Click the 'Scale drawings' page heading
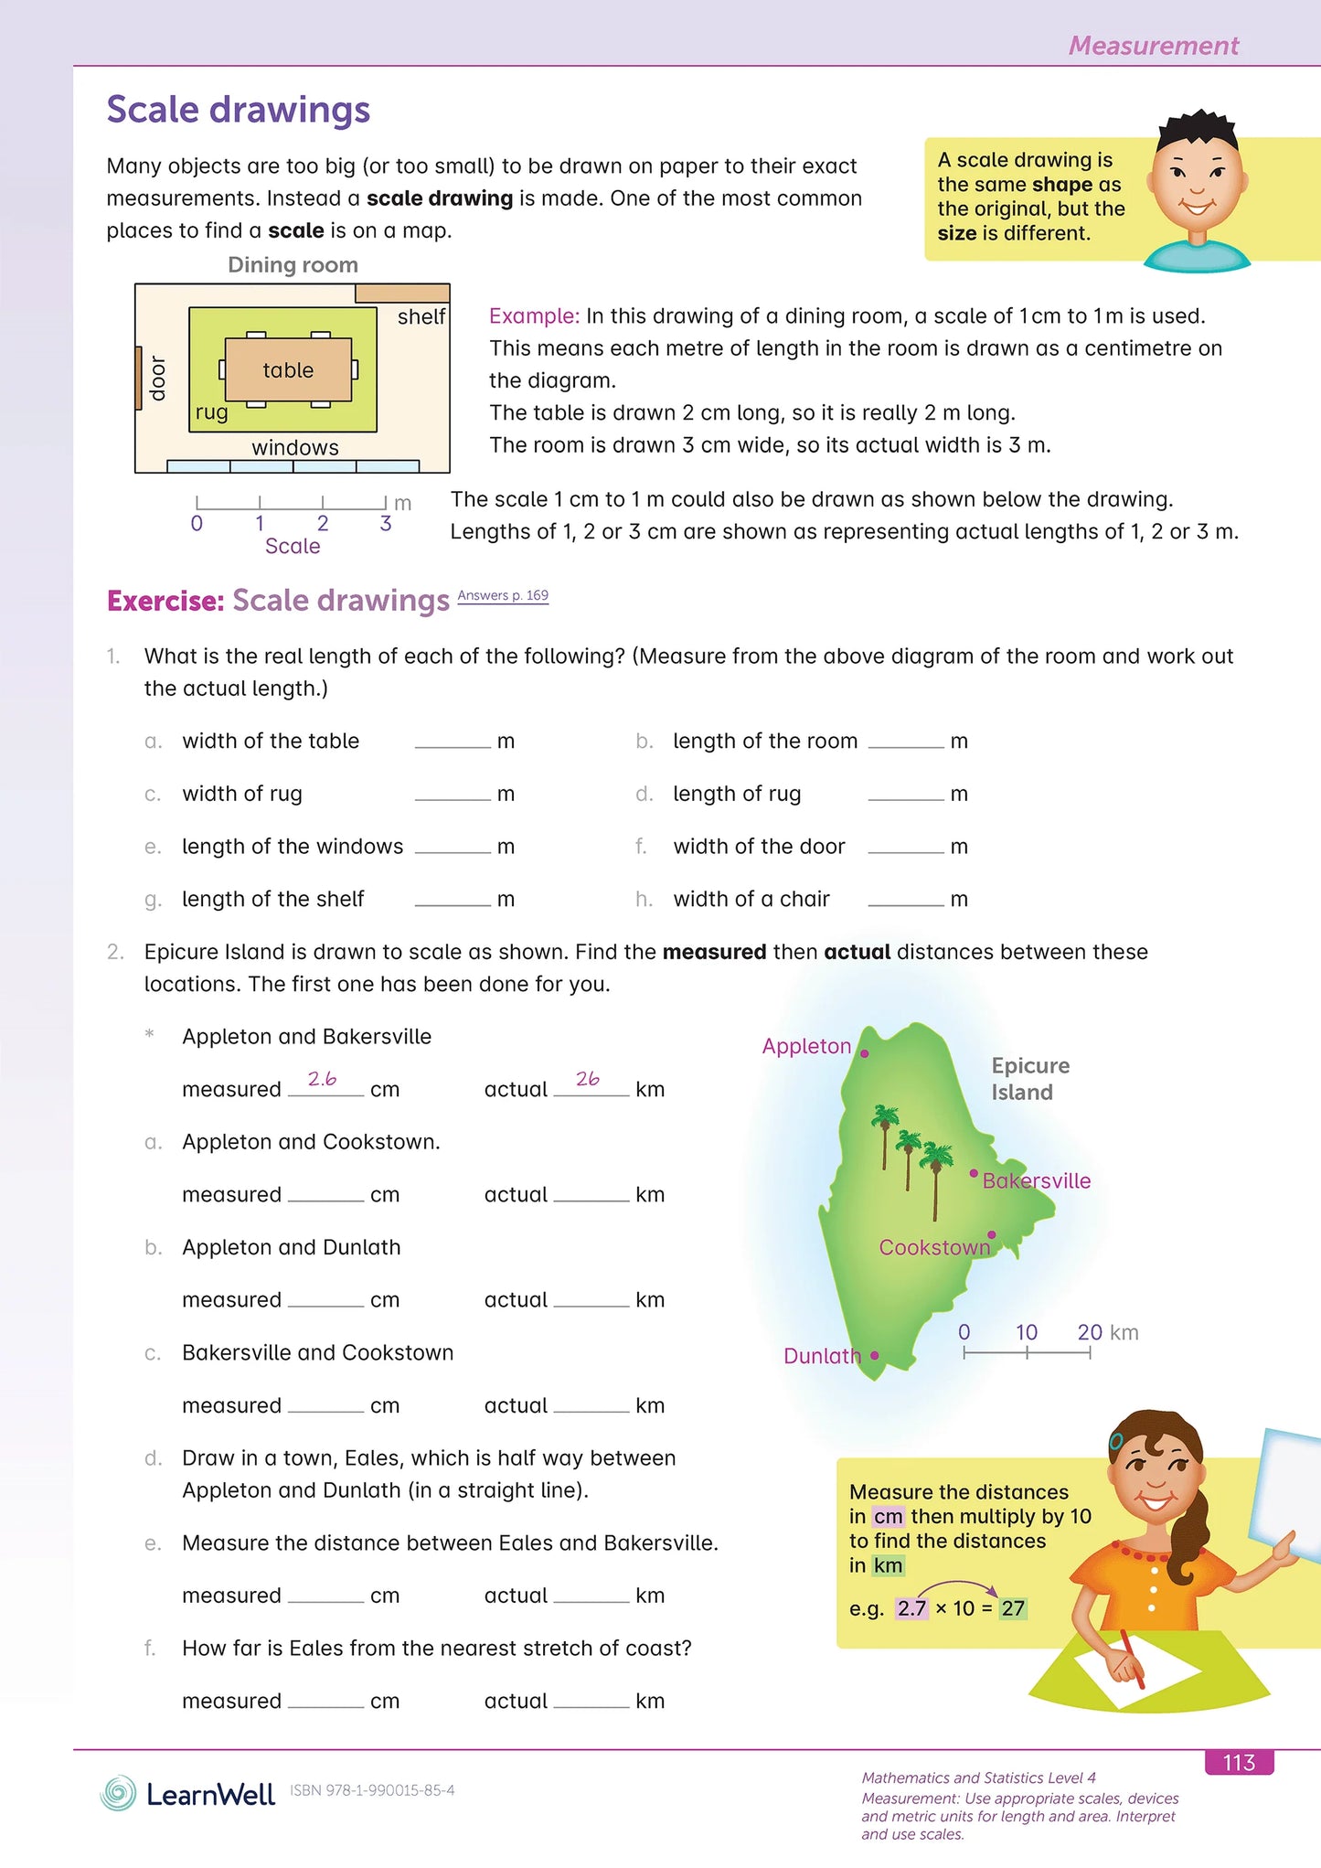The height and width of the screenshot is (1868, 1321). coord(238,110)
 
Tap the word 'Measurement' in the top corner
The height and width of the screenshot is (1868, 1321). coord(1153,46)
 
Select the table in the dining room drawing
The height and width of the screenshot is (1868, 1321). coord(288,369)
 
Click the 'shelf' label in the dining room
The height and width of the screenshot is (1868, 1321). coord(421,316)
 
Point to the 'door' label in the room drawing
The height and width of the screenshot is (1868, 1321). coord(158,378)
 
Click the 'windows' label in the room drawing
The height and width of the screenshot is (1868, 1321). coord(295,447)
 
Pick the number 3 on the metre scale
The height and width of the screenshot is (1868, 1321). coord(386,523)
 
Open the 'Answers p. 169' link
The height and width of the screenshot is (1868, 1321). coord(503,595)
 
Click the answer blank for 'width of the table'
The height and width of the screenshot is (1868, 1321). coord(453,741)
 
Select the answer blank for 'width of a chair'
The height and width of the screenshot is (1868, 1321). coord(906,899)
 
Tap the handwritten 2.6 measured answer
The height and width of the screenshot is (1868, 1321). coord(322,1079)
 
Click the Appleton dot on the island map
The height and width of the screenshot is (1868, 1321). coord(865,1053)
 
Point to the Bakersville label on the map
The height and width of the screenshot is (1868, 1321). coord(1037,1180)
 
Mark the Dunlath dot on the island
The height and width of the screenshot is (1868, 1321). coord(875,1355)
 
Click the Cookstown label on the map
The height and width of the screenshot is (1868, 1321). coord(934,1247)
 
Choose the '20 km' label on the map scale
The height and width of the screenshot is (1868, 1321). coord(1107,1332)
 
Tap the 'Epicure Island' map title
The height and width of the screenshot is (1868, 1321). coord(1029,1079)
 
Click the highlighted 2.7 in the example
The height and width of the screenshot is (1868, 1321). coord(911,1608)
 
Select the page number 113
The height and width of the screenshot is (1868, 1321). coord(1239,1762)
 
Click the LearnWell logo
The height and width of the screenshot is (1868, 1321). coord(187,1794)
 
